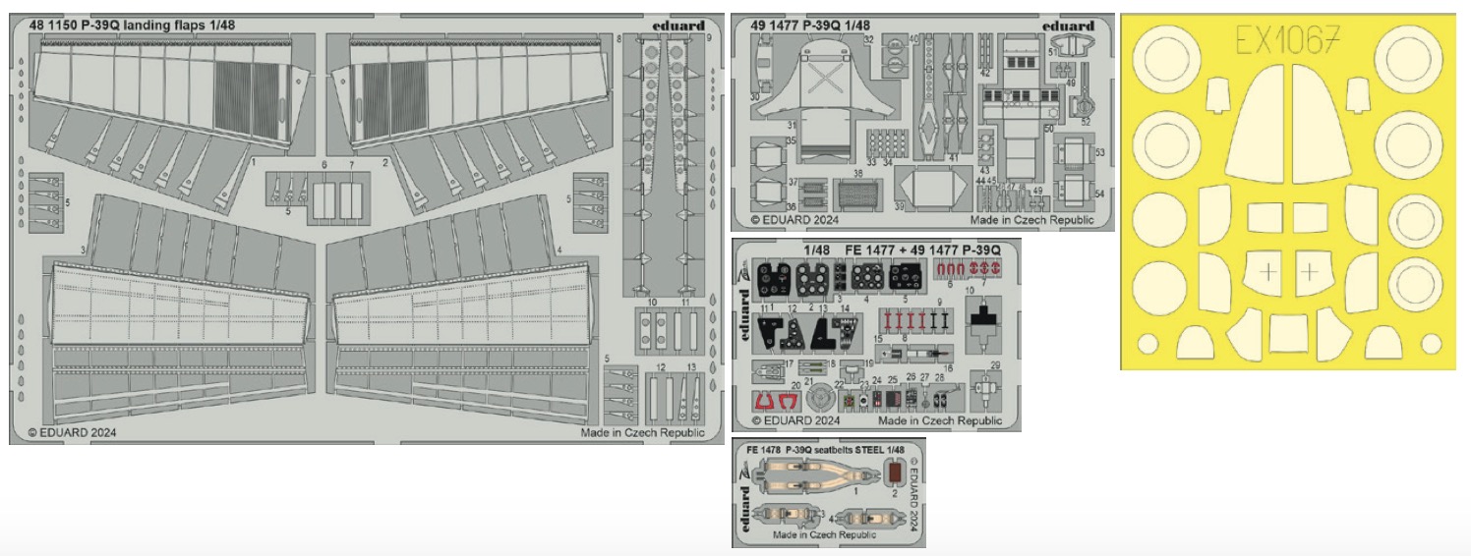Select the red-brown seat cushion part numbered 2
(893, 476)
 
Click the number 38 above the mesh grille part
(857, 174)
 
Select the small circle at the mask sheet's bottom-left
(1147, 343)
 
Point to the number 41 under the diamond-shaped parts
(952, 158)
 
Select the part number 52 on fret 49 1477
(1086, 122)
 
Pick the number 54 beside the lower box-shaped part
(1099, 194)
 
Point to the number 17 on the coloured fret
(791, 362)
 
